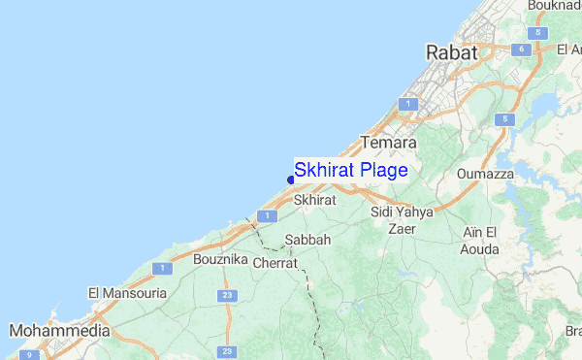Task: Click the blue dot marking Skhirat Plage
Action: pos(291,179)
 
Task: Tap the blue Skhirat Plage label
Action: pos(351,170)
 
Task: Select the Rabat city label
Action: pos(452,53)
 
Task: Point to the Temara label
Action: pos(388,143)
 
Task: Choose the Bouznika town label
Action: pos(221,261)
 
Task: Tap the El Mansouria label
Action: pos(127,292)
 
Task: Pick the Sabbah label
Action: pos(307,240)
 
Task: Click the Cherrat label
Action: pos(275,263)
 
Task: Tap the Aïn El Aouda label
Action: pos(480,241)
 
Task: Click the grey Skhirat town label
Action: pos(313,199)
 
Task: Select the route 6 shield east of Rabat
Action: pos(521,49)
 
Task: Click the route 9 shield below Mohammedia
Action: pos(30,355)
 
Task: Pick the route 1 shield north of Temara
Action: pos(410,103)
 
